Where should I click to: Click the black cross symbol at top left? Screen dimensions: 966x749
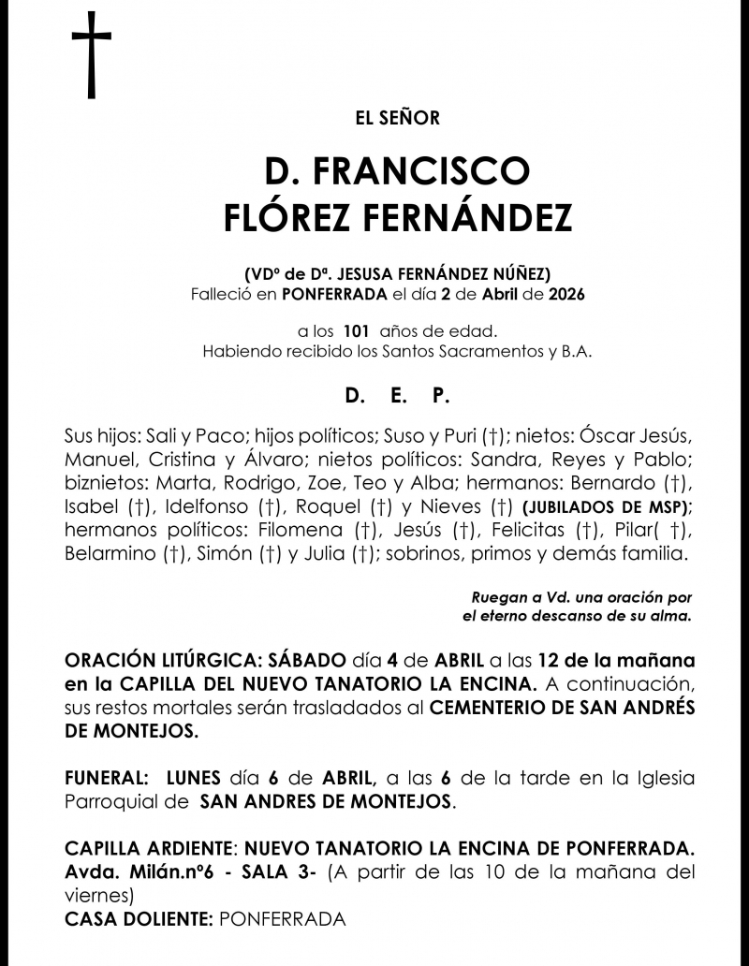point(91,56)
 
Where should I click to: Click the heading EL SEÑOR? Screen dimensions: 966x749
point(398,118)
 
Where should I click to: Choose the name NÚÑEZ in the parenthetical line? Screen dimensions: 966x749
point(525,273)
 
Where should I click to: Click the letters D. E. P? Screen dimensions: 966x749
point(397,397)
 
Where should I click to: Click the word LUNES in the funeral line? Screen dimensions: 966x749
point(193,778)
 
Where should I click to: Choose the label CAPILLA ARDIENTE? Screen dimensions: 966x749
point(149,849)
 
